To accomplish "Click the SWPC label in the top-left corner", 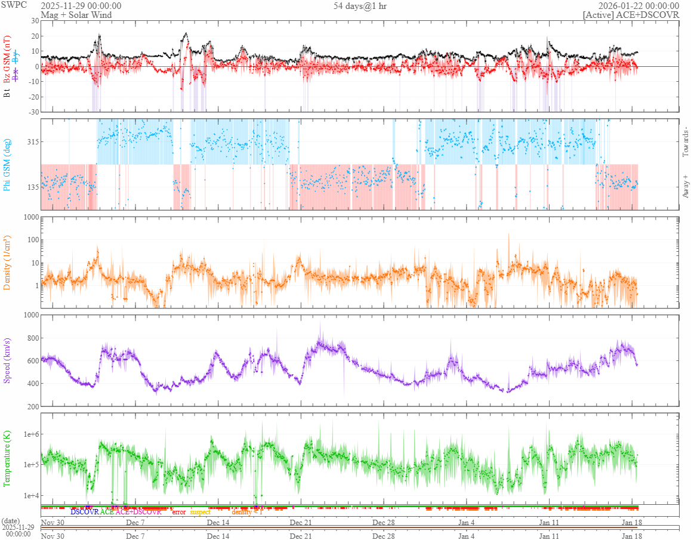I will (x=11, y=5).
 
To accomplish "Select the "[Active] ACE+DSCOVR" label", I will (x=631, y=15).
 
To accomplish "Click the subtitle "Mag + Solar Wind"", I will (x=76, y=15).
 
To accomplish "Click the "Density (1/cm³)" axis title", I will (x=8, y=262).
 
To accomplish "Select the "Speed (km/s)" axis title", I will (x=8, y=360).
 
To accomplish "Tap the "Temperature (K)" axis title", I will (x=8, y=458).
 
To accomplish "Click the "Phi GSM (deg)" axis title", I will (x=8, y=164).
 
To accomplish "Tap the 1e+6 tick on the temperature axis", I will (x=29, y=434).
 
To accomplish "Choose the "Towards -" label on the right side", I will (x=685, y=142).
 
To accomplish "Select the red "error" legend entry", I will (x=178, y=512).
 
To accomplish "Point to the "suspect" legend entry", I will (x=200, y=512).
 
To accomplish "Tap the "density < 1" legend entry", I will (x=247, y=512).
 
